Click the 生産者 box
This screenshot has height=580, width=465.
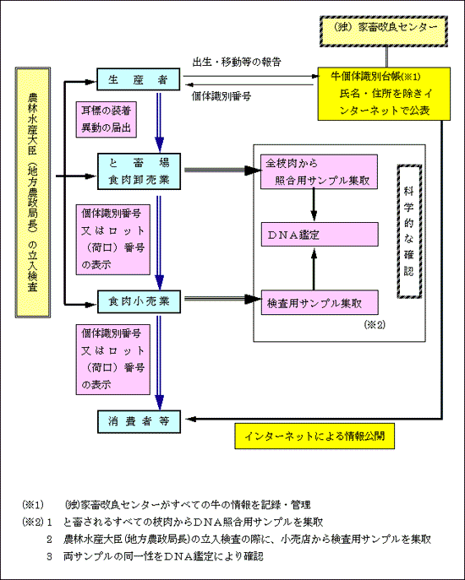click(138, 79)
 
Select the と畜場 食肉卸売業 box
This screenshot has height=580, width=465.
click(139, 171)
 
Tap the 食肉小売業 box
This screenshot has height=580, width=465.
click(139, 301)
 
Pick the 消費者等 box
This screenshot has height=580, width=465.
click(139, 421)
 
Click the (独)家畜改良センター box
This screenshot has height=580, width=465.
click(384, 31)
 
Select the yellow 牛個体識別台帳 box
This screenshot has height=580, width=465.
click(384, 94)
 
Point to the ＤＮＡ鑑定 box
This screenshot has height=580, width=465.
click(320, 234)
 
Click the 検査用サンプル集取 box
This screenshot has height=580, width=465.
click(320, 302)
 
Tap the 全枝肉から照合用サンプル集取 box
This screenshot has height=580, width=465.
click(319, 172)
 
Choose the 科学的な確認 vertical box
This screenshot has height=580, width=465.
click(409, 231)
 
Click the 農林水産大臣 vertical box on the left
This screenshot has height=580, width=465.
click(33, 192)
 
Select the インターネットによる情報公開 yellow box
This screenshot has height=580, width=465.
click(315, 436)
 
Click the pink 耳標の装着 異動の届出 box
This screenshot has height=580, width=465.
click(107, 120)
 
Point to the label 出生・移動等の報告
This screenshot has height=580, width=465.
click(237, 62)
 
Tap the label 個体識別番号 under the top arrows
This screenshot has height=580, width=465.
click(222, 96)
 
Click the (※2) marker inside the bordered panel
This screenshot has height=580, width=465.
click(375, 324)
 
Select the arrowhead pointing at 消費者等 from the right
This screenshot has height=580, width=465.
click(191, 419)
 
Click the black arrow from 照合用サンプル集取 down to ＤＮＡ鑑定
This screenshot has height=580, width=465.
click(314, 205)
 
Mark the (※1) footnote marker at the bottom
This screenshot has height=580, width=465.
click(33, 504)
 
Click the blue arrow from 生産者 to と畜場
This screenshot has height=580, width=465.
click(159, 122)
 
